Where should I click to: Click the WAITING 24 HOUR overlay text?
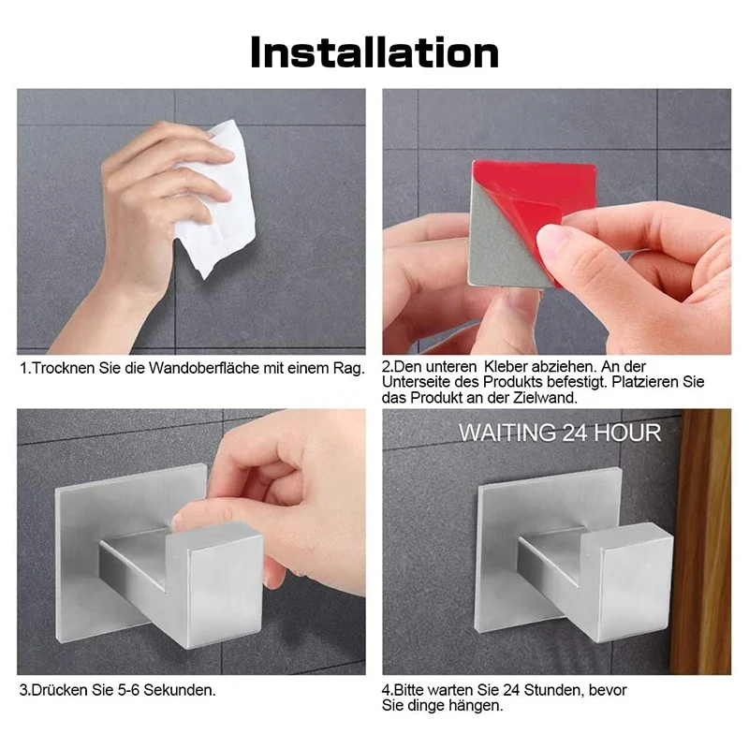click(559, 433)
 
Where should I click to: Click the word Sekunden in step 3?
click(180, 691)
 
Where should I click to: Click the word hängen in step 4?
click(477, 706)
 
